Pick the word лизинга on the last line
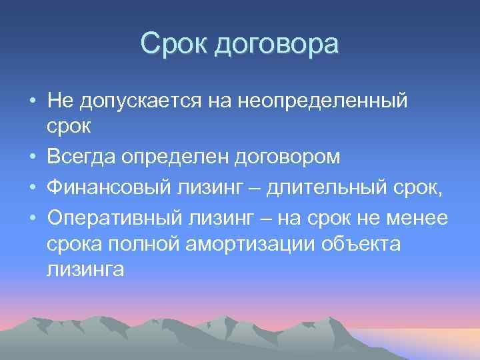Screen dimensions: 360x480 click(x=85, y=271)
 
